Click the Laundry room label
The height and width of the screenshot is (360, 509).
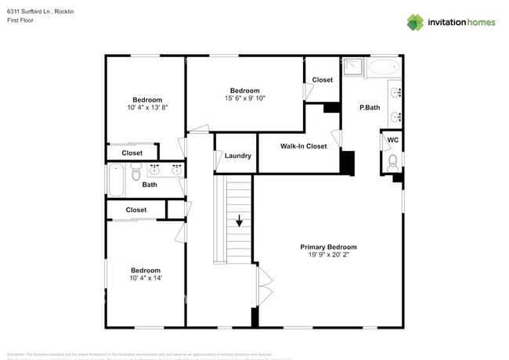(x=237, y=156)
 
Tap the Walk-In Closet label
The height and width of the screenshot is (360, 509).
(x=304, y=146)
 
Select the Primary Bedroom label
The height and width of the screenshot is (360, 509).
(x=328, y=247)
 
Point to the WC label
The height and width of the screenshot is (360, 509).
(x=393, y=140)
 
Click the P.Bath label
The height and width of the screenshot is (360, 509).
(x=370, y=108)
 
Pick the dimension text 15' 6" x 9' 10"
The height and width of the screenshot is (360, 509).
(x=245, y=98)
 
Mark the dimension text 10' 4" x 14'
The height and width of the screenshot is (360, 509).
(x=146, y=278)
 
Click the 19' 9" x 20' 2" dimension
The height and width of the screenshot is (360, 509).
(x=328, y=255)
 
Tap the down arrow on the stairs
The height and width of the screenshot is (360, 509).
(x=239, y=222)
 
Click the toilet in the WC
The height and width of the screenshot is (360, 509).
(x=392, y=161)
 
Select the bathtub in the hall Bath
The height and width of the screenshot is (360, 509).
(x=115, y=181)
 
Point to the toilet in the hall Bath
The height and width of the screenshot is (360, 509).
(x=135, y=177)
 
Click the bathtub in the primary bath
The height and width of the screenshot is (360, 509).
(x=384, y=67)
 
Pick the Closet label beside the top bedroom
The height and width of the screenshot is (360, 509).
(x=323, y=80)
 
